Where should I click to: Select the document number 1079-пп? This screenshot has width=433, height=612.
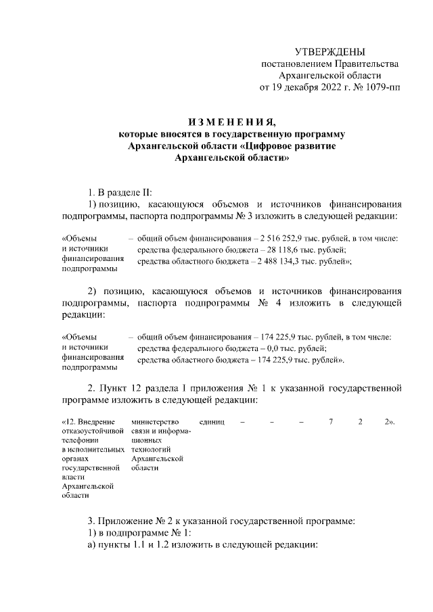coord(380,88)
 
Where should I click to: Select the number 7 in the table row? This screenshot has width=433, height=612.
coord(332,422)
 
